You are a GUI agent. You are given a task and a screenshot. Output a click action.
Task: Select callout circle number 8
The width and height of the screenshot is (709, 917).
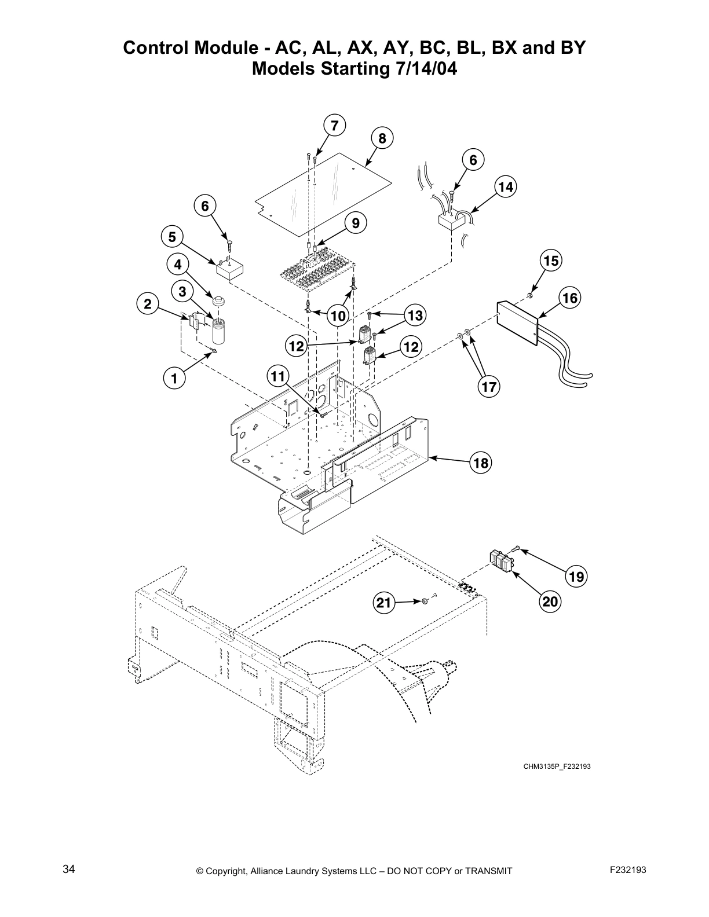382,139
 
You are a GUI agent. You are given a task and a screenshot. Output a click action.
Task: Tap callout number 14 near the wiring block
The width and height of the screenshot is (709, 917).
506,187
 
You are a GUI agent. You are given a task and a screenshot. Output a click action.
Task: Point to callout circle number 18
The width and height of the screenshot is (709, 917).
481,463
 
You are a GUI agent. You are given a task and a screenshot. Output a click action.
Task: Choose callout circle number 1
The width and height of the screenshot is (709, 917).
173,379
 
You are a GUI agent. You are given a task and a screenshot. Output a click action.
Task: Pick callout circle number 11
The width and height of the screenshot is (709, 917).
278,377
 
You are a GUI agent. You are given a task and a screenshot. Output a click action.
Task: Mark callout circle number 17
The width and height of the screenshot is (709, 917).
489,386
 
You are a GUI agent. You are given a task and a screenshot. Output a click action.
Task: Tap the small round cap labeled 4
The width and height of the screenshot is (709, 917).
219,302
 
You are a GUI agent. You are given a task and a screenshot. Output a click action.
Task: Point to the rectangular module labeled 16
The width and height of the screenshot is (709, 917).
518,321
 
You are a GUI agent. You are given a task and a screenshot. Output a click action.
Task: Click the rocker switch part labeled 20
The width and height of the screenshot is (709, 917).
502,561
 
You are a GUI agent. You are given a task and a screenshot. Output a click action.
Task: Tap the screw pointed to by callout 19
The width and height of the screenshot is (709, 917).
516,549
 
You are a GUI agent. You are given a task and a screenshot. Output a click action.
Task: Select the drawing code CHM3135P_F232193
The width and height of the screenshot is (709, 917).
557,766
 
